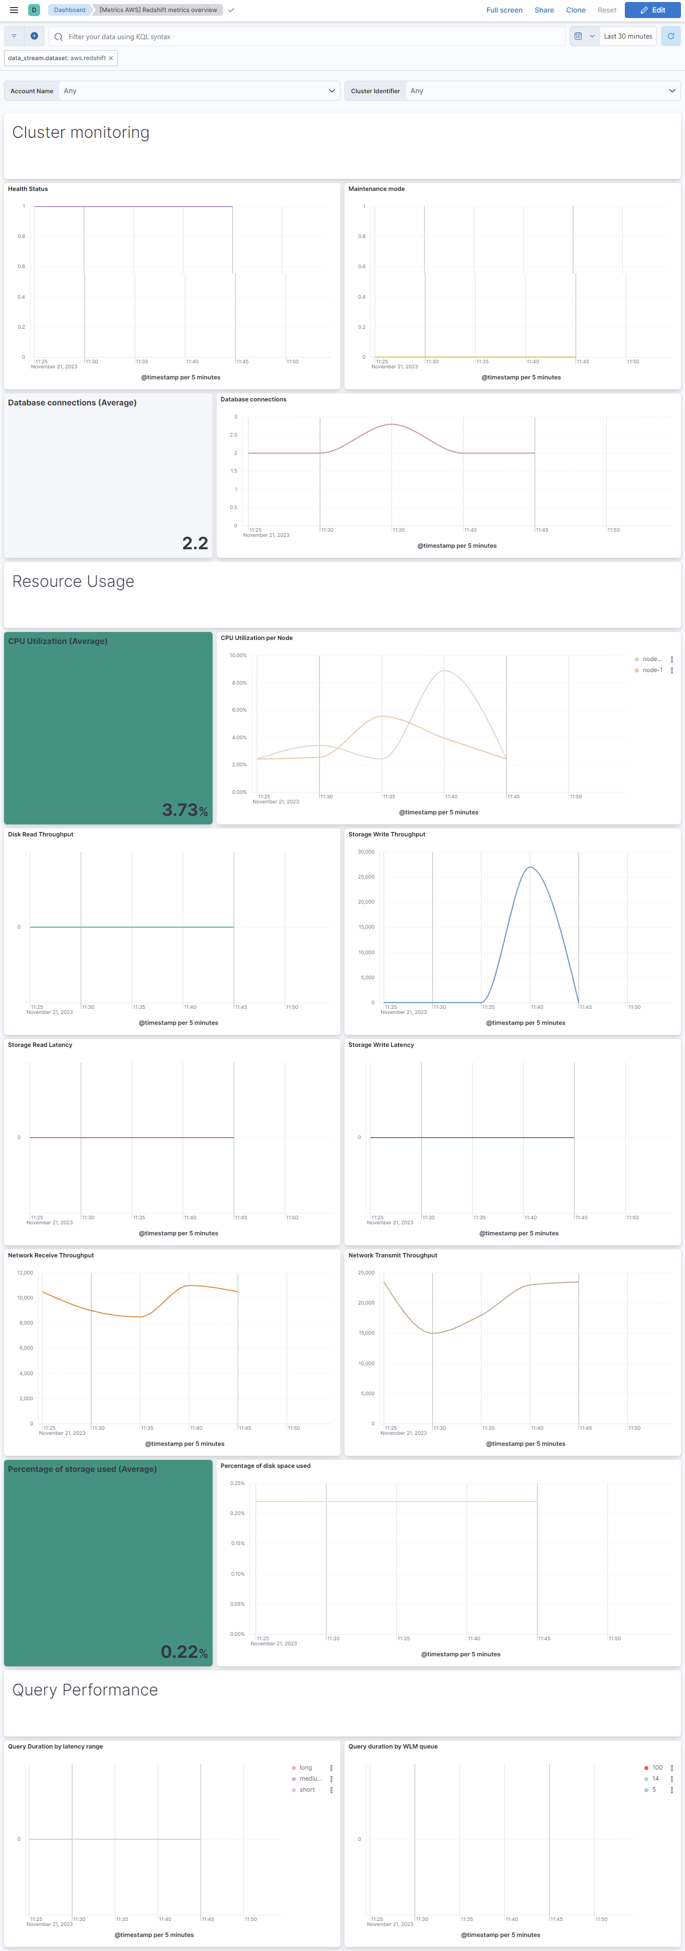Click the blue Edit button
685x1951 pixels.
(652, 10)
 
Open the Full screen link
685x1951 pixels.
(504, 10)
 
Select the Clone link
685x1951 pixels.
(575, 10)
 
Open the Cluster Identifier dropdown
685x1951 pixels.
(541, 91)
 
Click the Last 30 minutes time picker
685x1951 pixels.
(627, 37)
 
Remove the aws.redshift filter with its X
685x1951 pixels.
(111, 58)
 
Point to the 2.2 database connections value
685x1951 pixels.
(195, 543)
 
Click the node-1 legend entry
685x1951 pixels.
(652, 670)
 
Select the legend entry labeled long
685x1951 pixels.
(305, 1768)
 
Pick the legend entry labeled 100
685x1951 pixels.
(657, 1768)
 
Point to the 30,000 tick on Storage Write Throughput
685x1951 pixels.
(366, 852)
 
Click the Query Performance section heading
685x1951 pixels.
(85, 1690)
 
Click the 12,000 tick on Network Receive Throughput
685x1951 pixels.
(25, 1273)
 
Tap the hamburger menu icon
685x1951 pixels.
(14, 10)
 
